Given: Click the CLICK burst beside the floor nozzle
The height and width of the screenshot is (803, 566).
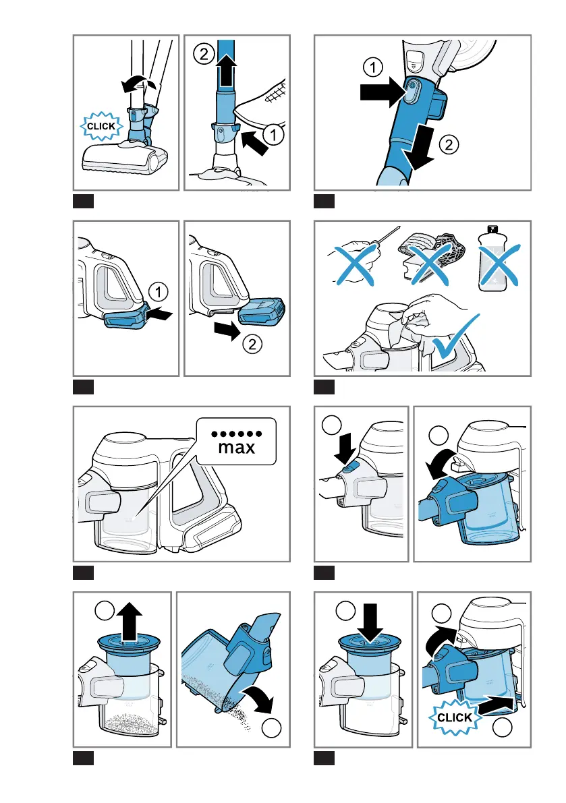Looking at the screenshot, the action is [x=101, y=126].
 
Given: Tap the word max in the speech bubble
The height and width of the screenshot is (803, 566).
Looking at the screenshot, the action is [x=237, y=447].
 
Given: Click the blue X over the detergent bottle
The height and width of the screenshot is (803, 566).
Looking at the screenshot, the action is [x=499, y=265].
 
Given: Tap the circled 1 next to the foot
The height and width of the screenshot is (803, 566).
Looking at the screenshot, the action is [x=273, y=135].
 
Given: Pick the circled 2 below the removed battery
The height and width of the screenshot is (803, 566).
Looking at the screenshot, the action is [x=252, y=344].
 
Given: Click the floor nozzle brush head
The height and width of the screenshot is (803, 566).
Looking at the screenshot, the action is [x=125, y=158].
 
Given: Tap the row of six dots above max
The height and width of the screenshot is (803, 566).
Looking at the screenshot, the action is [x=237, y=434].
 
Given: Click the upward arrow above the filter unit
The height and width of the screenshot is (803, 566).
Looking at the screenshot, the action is [x=129, y=621].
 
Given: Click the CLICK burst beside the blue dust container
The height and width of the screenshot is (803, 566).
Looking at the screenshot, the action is [x=455, y=717].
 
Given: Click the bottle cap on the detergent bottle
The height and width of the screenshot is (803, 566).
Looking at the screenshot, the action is [x=492, y=229].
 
